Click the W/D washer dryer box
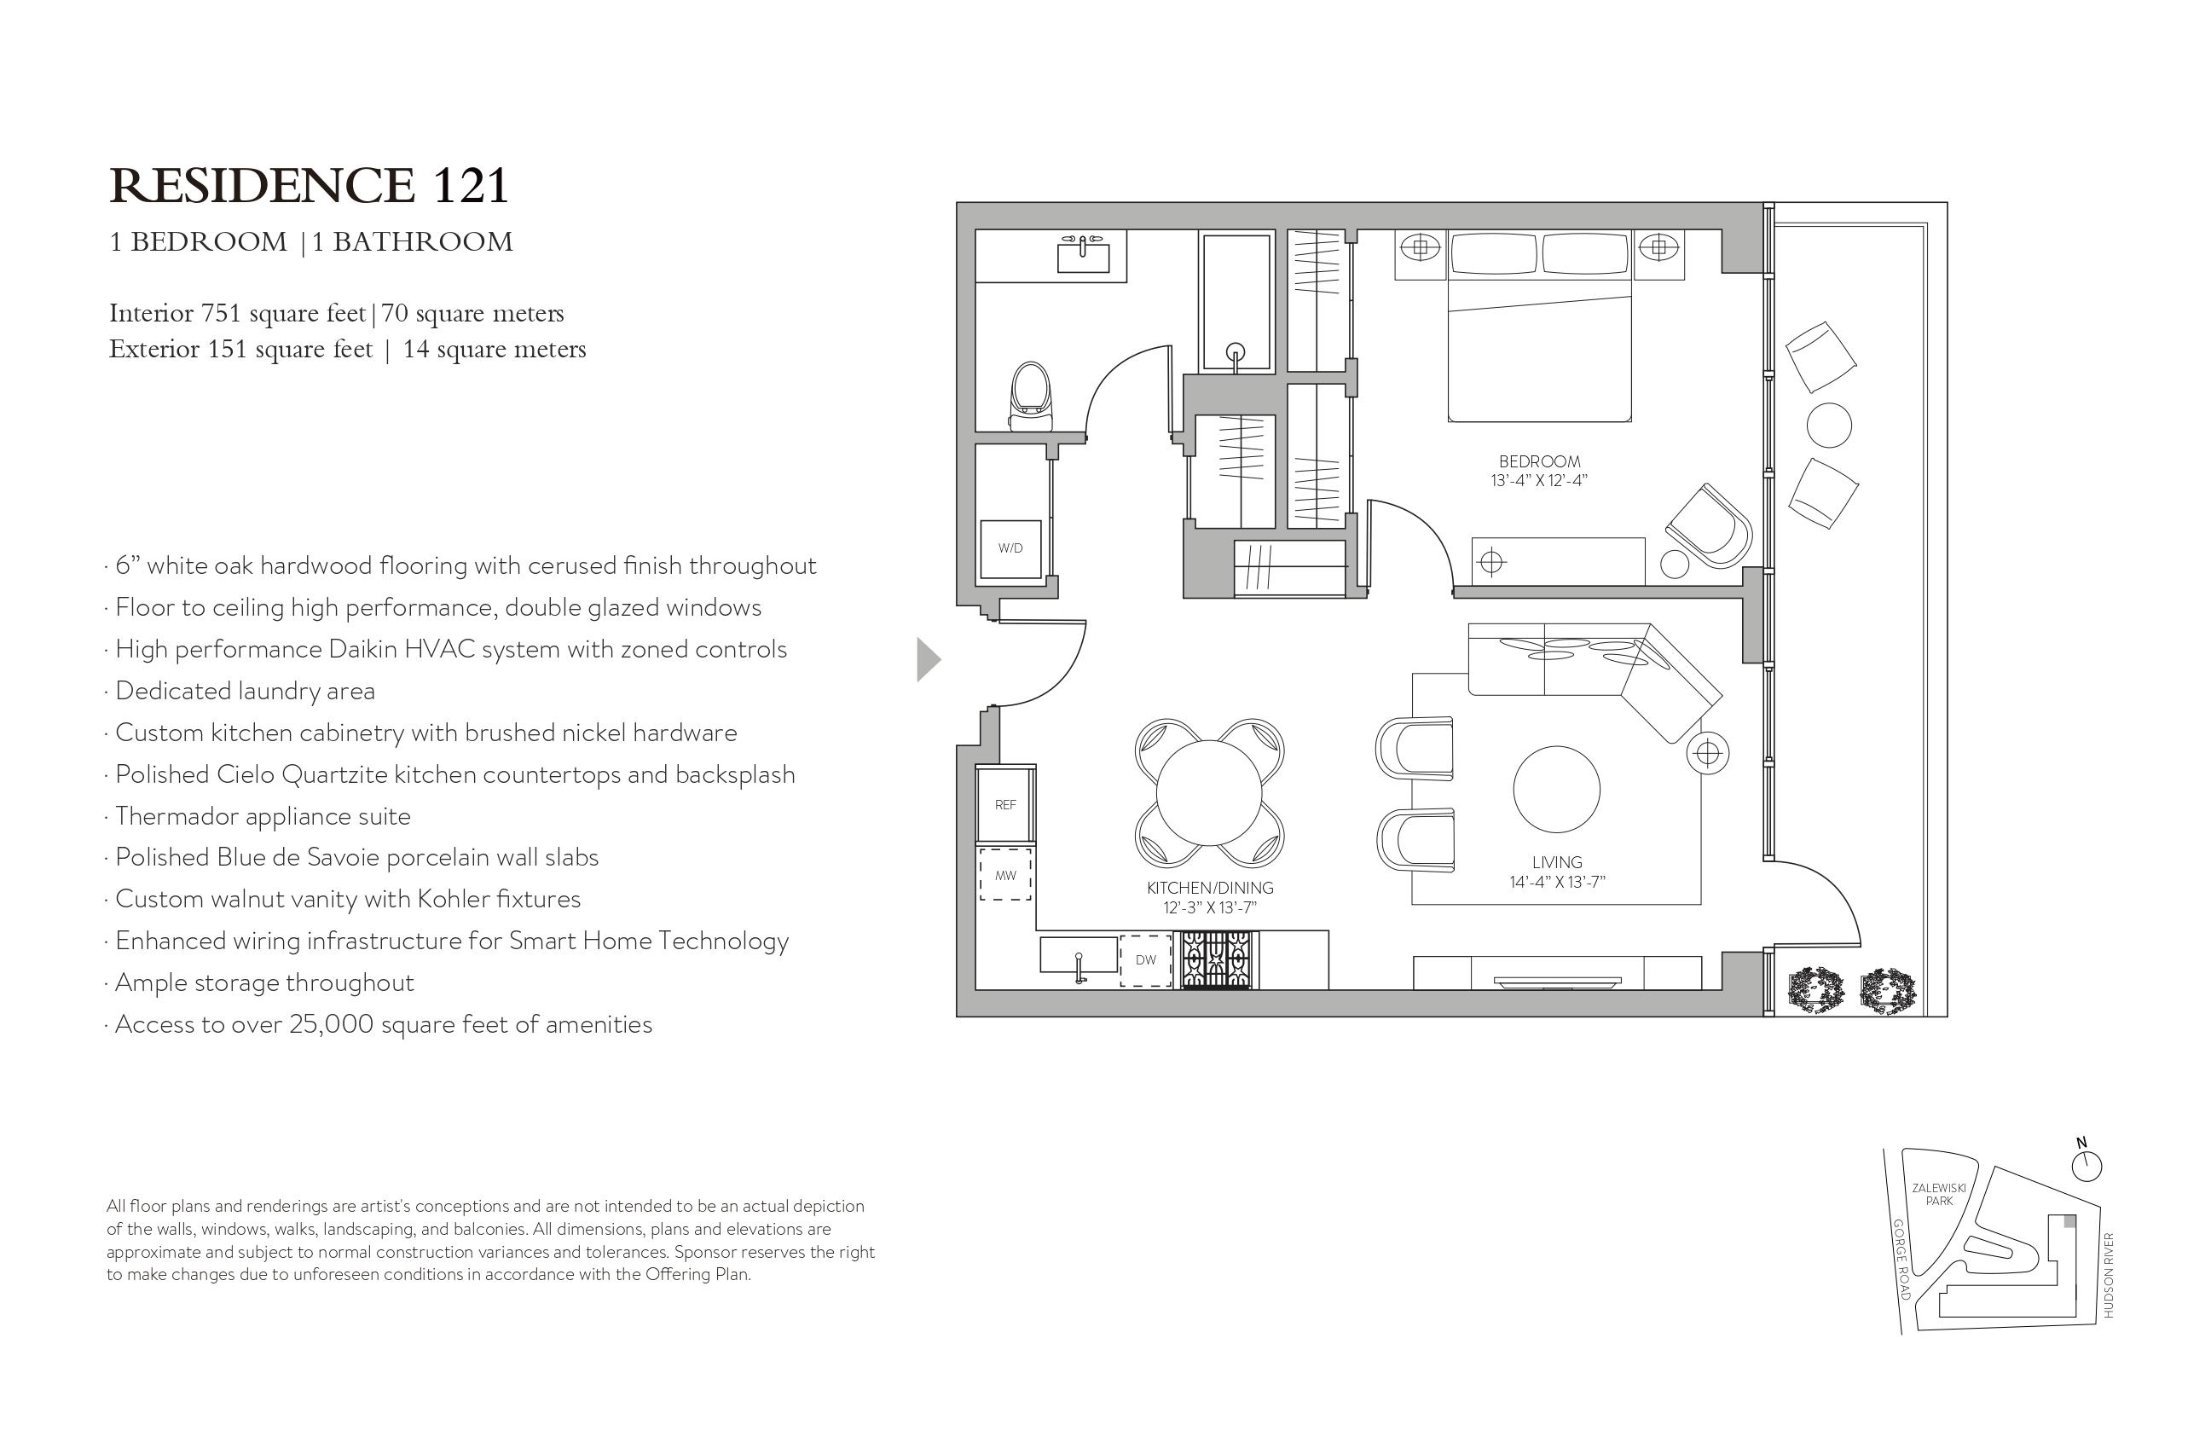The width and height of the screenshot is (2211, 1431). [x=1010, y=549]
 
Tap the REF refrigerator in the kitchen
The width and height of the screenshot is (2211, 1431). [x=1005, y=804]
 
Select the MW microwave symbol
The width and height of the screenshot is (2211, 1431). [x=1005, y=874]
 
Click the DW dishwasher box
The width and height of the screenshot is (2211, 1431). [x=1145, y=960]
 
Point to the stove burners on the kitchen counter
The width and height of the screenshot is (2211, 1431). [x=1217, y=960]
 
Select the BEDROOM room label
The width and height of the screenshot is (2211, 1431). [x=1539, y=461]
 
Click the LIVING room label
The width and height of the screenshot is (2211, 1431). [x=1557, y=862]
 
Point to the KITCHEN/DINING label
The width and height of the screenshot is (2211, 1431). [x=1210, y=888]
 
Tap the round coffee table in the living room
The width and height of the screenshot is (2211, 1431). [x=1556, y=789]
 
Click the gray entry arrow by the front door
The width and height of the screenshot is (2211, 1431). [x=928, y=660]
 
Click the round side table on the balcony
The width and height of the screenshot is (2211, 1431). [x=1828, y=426]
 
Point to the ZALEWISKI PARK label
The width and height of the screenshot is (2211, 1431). [x=1939, y=1194]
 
